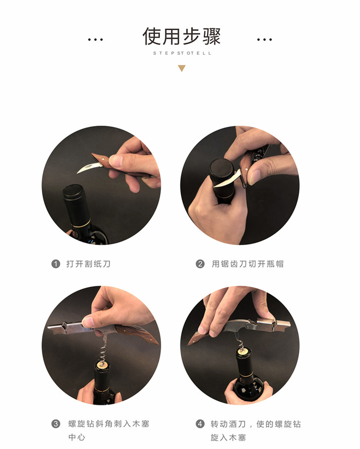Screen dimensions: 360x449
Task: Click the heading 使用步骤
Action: pos(181,36)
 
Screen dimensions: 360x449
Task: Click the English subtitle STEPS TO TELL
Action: pos(182,53)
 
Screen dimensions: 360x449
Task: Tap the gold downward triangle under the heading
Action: pos(181,68)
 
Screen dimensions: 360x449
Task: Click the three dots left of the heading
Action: pos(96,39)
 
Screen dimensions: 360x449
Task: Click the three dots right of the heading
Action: pos(264,39)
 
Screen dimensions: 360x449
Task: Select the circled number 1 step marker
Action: pos(56,264)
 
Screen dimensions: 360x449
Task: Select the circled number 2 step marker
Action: pos(200,264)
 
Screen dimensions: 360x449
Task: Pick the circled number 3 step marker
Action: pos(56,423)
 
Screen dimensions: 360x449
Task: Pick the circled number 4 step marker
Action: pos(200,423)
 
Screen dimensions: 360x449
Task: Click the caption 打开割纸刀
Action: pos(88,264)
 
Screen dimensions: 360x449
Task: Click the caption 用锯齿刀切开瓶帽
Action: pos(248,264)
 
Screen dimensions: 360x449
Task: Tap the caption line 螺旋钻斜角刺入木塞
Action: pos(108,423)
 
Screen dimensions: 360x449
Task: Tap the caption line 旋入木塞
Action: pos(228,437)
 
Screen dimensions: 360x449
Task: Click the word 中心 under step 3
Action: pos(77,437)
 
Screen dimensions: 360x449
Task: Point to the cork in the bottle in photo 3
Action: pos(102,365)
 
